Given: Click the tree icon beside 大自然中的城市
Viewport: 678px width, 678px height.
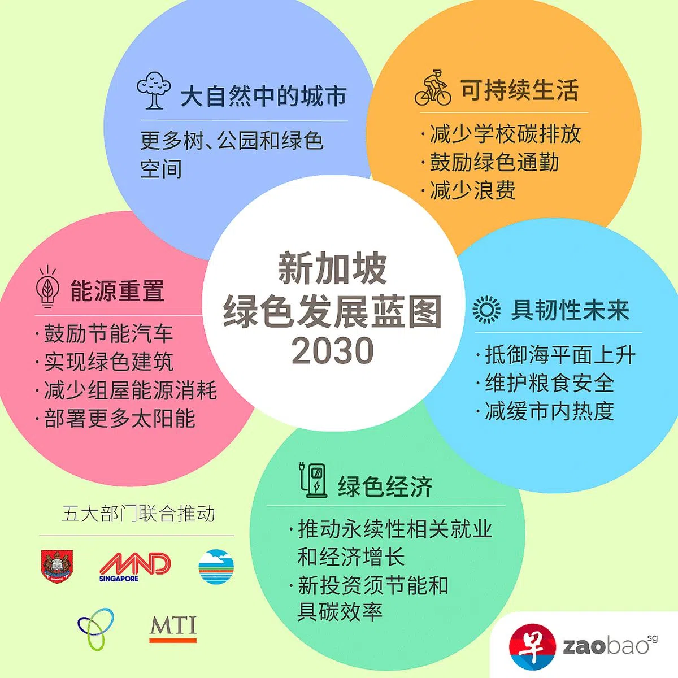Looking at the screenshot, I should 153,90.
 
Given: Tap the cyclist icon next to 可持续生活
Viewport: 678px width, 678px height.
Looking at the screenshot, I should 433,89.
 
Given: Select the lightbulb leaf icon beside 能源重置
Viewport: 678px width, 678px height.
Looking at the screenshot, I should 48,287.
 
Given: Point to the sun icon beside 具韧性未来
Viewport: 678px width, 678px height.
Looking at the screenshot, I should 486,310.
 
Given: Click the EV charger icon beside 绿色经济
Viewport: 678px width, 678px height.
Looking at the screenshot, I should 313,480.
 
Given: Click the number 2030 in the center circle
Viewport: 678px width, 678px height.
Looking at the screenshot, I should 332,351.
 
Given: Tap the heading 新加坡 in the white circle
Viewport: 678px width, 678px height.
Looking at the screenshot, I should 332,269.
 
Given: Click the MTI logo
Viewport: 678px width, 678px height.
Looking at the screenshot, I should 173,628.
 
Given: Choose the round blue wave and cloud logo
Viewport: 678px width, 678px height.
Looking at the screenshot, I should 216,567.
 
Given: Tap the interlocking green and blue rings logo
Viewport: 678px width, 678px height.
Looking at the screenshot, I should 96,628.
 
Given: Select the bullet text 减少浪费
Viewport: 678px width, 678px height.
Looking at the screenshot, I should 472,190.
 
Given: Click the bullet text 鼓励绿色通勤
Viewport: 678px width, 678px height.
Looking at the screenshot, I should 494,163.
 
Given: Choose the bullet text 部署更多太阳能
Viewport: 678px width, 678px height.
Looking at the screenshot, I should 120,419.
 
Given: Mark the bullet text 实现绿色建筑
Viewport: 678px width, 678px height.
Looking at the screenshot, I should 109,362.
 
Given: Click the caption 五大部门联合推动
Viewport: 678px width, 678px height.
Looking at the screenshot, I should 138,514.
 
